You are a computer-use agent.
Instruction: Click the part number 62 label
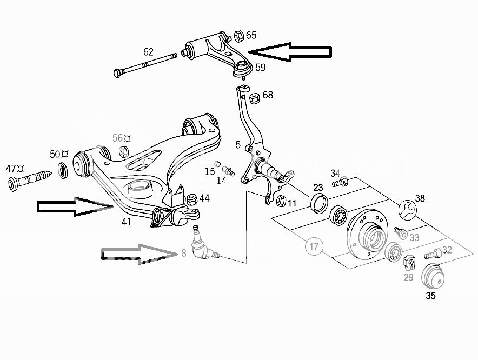pos(148,52)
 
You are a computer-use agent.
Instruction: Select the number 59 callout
pos(260,68)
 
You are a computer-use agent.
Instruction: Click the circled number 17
pos(314,246)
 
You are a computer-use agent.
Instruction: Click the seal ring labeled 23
pos(318,204)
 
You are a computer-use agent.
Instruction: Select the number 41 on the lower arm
pos(126,221)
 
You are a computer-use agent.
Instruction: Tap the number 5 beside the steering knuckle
pos(238,145)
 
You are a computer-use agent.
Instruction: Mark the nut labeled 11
pos(280,202)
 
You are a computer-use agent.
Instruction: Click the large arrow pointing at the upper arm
pos(290,51)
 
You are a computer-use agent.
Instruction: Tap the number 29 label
pos(408,277)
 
